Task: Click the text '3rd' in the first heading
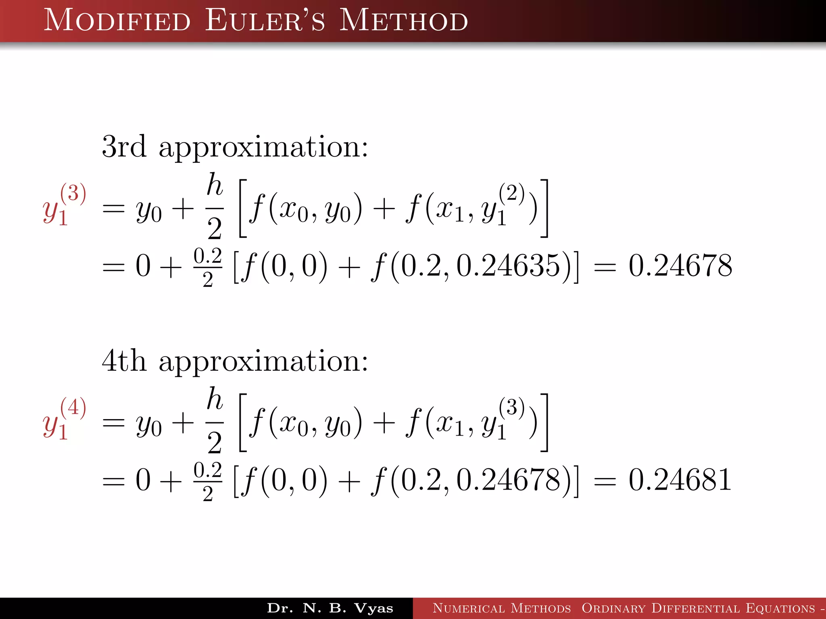tap(124, 147)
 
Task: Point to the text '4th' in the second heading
tap(124, 361)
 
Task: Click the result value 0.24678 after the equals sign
tap(680, 266)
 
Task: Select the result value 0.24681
tap(680, 480)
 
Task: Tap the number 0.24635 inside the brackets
tap(509, 266)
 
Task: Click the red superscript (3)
tap(73, 193)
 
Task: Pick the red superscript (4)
tap(73, 407)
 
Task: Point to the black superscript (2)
tap(511, 193)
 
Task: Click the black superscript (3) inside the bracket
tap(511, 407)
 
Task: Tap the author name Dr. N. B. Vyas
tap(330, 608)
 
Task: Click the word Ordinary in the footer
tap(613, 608)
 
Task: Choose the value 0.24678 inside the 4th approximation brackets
tap(509, 480)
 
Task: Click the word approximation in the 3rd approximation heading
tap(263, 147)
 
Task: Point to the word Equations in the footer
tap(780, 608)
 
